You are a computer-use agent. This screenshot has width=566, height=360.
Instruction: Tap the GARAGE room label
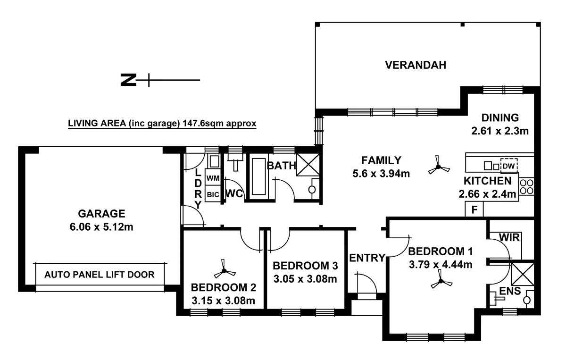pos(102,213)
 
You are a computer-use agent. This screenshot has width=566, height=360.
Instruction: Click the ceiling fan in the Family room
pos(439,167)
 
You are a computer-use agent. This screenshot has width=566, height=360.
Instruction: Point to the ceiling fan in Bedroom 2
pos(224,270)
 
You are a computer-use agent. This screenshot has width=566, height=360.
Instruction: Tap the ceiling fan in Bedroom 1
pos(442,281)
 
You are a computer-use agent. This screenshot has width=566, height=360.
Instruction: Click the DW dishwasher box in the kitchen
pos(508,166)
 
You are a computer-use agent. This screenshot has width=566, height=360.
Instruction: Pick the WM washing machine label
pos(213,178)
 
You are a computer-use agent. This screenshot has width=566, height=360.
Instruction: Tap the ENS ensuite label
pos(510,292)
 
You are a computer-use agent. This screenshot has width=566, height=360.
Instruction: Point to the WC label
pos(234,193)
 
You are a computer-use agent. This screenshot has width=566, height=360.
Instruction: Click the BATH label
pos(281,166)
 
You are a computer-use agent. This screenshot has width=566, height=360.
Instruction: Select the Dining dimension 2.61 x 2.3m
pos(499,131)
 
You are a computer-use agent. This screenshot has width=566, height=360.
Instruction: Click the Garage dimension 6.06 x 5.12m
pos(102,228)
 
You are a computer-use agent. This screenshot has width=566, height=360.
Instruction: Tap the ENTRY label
pos(367,257)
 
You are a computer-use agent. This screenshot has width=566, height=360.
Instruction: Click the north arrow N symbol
pos(126,80)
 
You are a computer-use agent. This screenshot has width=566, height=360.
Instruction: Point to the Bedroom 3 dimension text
pos(305,279)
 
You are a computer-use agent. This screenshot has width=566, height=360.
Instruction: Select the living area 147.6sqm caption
pos(162,124)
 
